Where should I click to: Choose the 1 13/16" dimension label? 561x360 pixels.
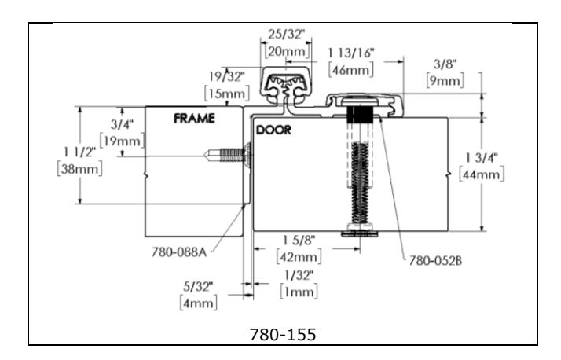(x=352, y=51)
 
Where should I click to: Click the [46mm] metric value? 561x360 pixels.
(x=352, y=69)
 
